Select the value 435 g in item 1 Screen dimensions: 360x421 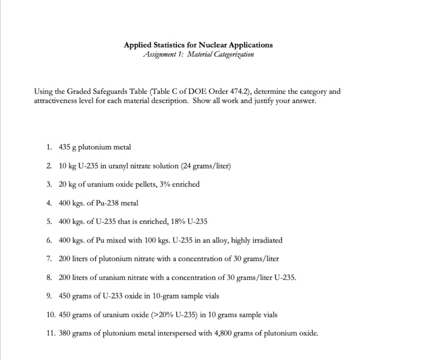tap(69, 147)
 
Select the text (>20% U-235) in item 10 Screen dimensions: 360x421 tap(162, 315)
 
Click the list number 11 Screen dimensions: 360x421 tap(50, 334)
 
